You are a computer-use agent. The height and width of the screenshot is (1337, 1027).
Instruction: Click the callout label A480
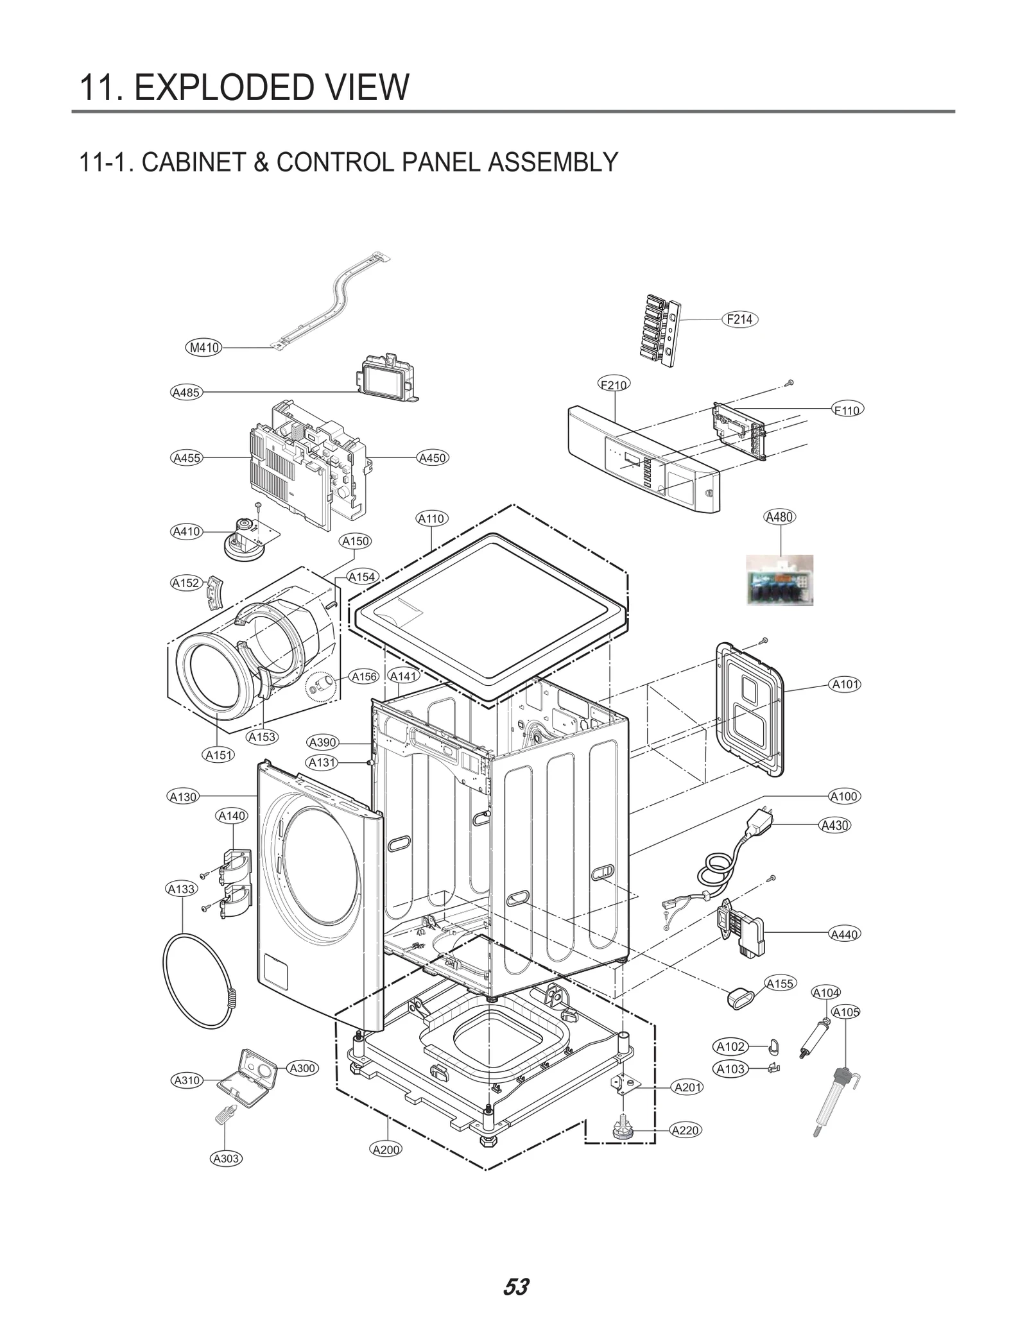tap(779, 517)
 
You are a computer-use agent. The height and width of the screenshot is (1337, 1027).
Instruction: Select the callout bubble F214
tap(739, 319)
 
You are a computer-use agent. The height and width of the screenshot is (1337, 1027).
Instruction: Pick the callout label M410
tap(204, 348)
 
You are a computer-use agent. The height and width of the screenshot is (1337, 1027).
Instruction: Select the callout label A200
tap(386, 1150)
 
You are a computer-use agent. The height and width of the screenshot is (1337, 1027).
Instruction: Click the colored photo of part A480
tap(779, 580)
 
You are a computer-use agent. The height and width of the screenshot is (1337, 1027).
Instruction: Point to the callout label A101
tap(845, 685)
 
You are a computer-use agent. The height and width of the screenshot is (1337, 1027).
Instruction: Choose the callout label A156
tap(364, 677)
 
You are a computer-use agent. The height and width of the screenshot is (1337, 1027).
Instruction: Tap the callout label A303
tap(226, 1159)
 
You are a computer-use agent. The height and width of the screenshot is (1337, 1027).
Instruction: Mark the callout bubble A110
tap(431, 518)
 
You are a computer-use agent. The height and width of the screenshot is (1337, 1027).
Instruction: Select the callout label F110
tap(847, 409)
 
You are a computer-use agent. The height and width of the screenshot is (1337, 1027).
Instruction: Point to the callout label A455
tap(187, 458)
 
